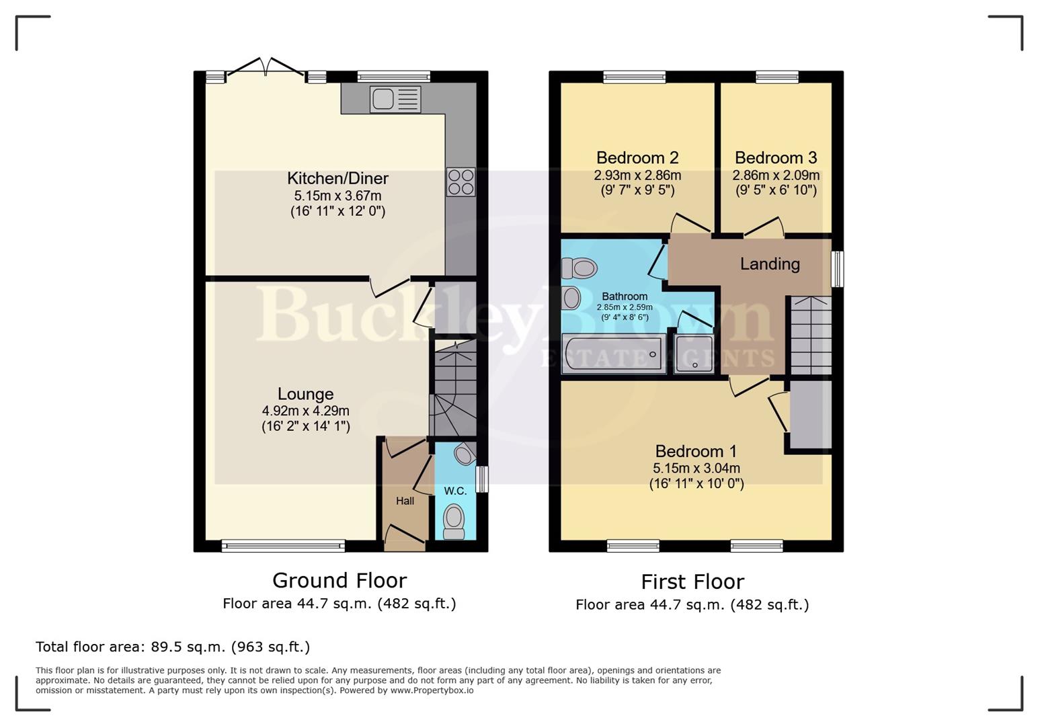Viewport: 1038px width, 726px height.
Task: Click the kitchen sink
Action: pyautogui.click(x=395, y=99)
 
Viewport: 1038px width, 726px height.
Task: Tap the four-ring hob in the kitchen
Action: pyautogui.click(x=461, y=182)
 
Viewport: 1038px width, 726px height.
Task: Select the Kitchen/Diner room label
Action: pyautogui.click(x=337, y=178)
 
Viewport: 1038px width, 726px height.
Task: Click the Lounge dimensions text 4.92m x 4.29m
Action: pyautogui.click(x=305, y=411)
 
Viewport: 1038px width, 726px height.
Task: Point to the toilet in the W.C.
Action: pyautogui.click(x=454, y=522)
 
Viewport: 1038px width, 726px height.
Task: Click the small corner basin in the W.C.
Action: pyautogui.click(x=463, y=454)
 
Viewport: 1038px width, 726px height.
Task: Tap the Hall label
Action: pyautogui.click(x=405, y=501)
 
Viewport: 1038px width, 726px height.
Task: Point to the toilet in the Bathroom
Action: pyautogui.click(x=580, y=269)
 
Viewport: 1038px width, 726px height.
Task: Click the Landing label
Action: pyautogui.click(x=770, y=264)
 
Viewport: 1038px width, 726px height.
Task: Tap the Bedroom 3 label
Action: pyautogui.click(x=775, y=158)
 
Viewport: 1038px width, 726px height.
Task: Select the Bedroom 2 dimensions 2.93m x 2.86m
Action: pyautogui.click(x=637, y=175)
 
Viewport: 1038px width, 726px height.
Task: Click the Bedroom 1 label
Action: pyautogui.click(x=696, y=451)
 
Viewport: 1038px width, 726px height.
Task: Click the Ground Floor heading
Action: pyautogui.click(x=339, y=580)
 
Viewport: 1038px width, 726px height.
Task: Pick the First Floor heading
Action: pyautogui.click(x=692, y=581)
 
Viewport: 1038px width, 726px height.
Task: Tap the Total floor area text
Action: pyautogui.click(x=173, y=647)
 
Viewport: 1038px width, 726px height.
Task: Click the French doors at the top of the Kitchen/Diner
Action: pyautogui.click(x=266, y=69)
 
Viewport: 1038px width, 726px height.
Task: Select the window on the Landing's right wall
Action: pyautogui.click(x=837, y=269)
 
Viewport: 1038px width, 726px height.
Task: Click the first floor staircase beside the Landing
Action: pyautogui.click(x=811, y=335)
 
